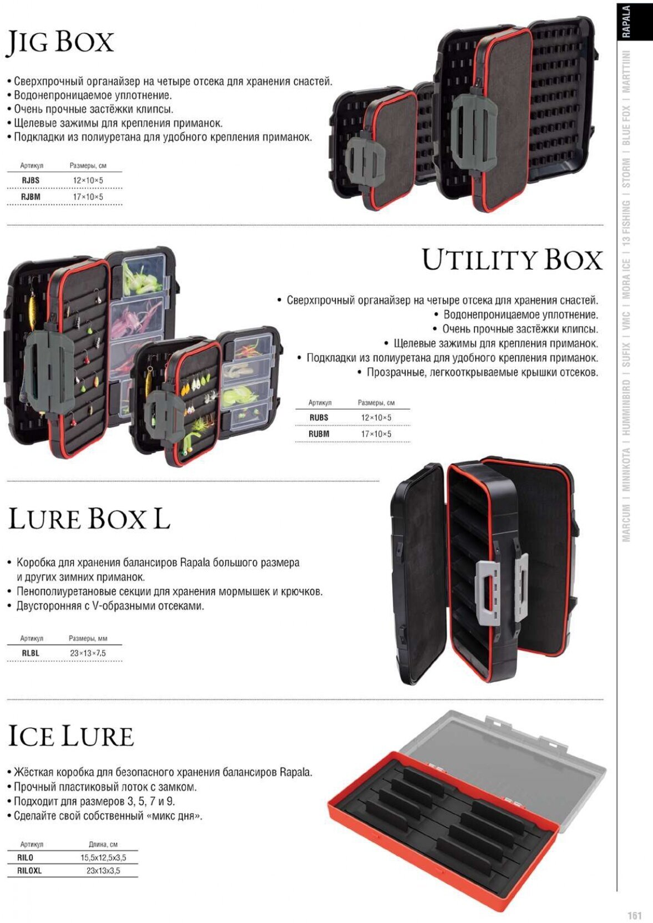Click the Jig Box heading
[60, 43]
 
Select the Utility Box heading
[512, 260]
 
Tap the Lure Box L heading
[89, 519]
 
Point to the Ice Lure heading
[71, 736]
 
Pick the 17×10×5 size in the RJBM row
[88, 197]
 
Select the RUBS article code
[318, 418]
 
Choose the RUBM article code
[318, 434]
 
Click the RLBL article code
[31, 653]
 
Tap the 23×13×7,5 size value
[88, 653]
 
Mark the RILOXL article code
[29, 871]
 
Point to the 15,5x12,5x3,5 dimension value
[103, 858]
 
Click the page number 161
[634, 915]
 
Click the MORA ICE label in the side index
[626, 279]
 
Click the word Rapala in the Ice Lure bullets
[295, 772]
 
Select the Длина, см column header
[103, 844]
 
